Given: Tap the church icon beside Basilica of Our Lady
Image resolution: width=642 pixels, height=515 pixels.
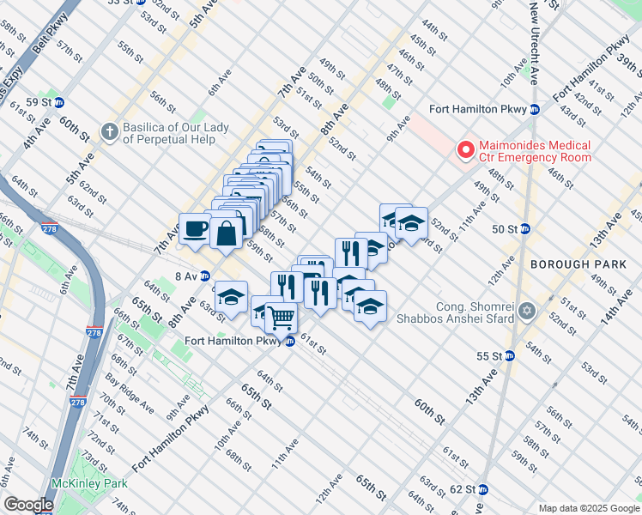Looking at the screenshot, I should click(108, 131).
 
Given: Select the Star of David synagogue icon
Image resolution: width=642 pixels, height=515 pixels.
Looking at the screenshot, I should click(528, 312).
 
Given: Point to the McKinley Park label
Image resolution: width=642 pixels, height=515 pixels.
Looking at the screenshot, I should click(89, 483).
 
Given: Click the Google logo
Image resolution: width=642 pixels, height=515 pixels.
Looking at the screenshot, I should click(28, 505).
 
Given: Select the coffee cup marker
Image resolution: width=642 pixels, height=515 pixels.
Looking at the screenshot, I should click(195, 228).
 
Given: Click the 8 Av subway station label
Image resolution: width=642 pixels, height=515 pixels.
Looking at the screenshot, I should click(192, 276).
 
